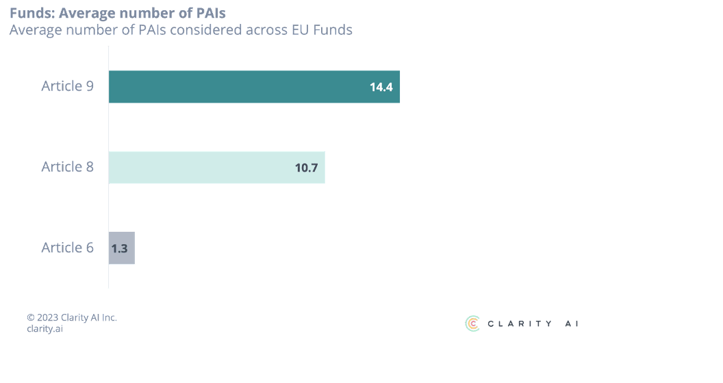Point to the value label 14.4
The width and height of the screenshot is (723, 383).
[x=381, y=87]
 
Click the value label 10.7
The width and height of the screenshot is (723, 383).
[x=306, y=168]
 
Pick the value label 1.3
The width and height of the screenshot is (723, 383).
[x=119, y=248]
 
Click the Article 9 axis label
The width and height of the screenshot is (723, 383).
[x=67, y=87]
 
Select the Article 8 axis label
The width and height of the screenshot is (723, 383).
[x=67, y=168]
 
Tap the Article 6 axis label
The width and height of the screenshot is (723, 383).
[x=67, y=248]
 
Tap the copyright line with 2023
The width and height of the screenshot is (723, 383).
[x=72, y=317]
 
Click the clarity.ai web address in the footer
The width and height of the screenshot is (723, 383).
[x=45, y=328]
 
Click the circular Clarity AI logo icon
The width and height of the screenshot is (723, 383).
[x=472, y=323]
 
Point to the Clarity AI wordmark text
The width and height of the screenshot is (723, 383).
[x=533, y=324]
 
